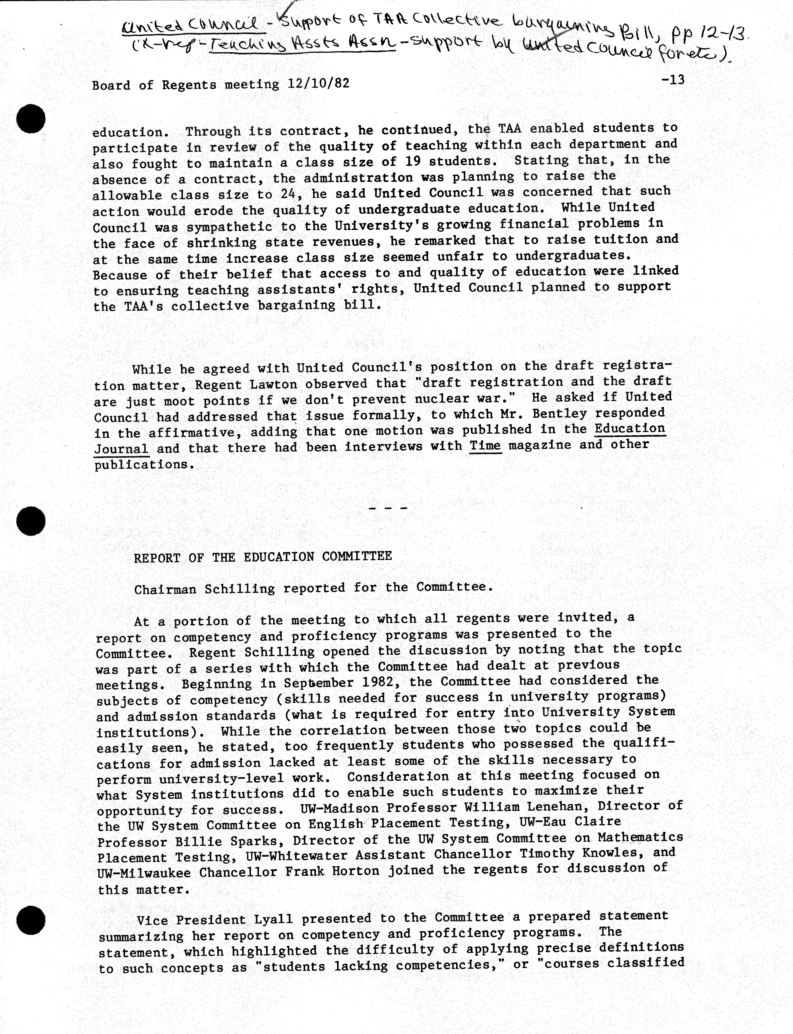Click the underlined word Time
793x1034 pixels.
coord(485,445)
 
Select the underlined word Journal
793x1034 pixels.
coord(121,449)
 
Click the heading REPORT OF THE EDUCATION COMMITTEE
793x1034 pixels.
coord(262,557)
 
